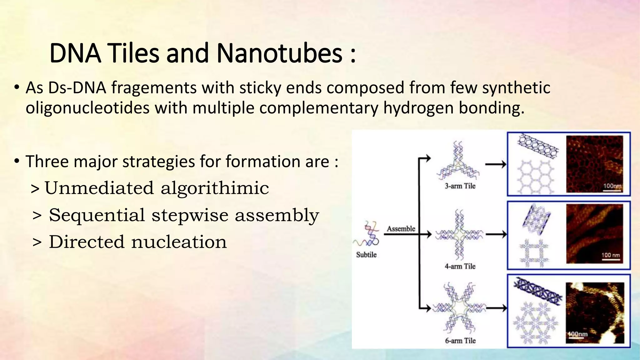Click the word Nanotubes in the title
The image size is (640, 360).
coord(279,53)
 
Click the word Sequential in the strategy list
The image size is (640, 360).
coord(97,215)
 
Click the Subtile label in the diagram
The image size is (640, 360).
coord(366,255)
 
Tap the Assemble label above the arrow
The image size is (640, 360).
coord(401,229)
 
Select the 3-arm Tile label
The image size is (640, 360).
coord(460,186)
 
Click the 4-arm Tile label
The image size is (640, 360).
coord(460,266)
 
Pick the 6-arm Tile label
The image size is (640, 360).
coord(460,341)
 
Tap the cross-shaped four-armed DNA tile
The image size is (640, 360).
coord(459,234)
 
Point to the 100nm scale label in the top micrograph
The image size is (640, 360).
coord(612,186)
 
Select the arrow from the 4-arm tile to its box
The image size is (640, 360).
coord(496,234)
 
